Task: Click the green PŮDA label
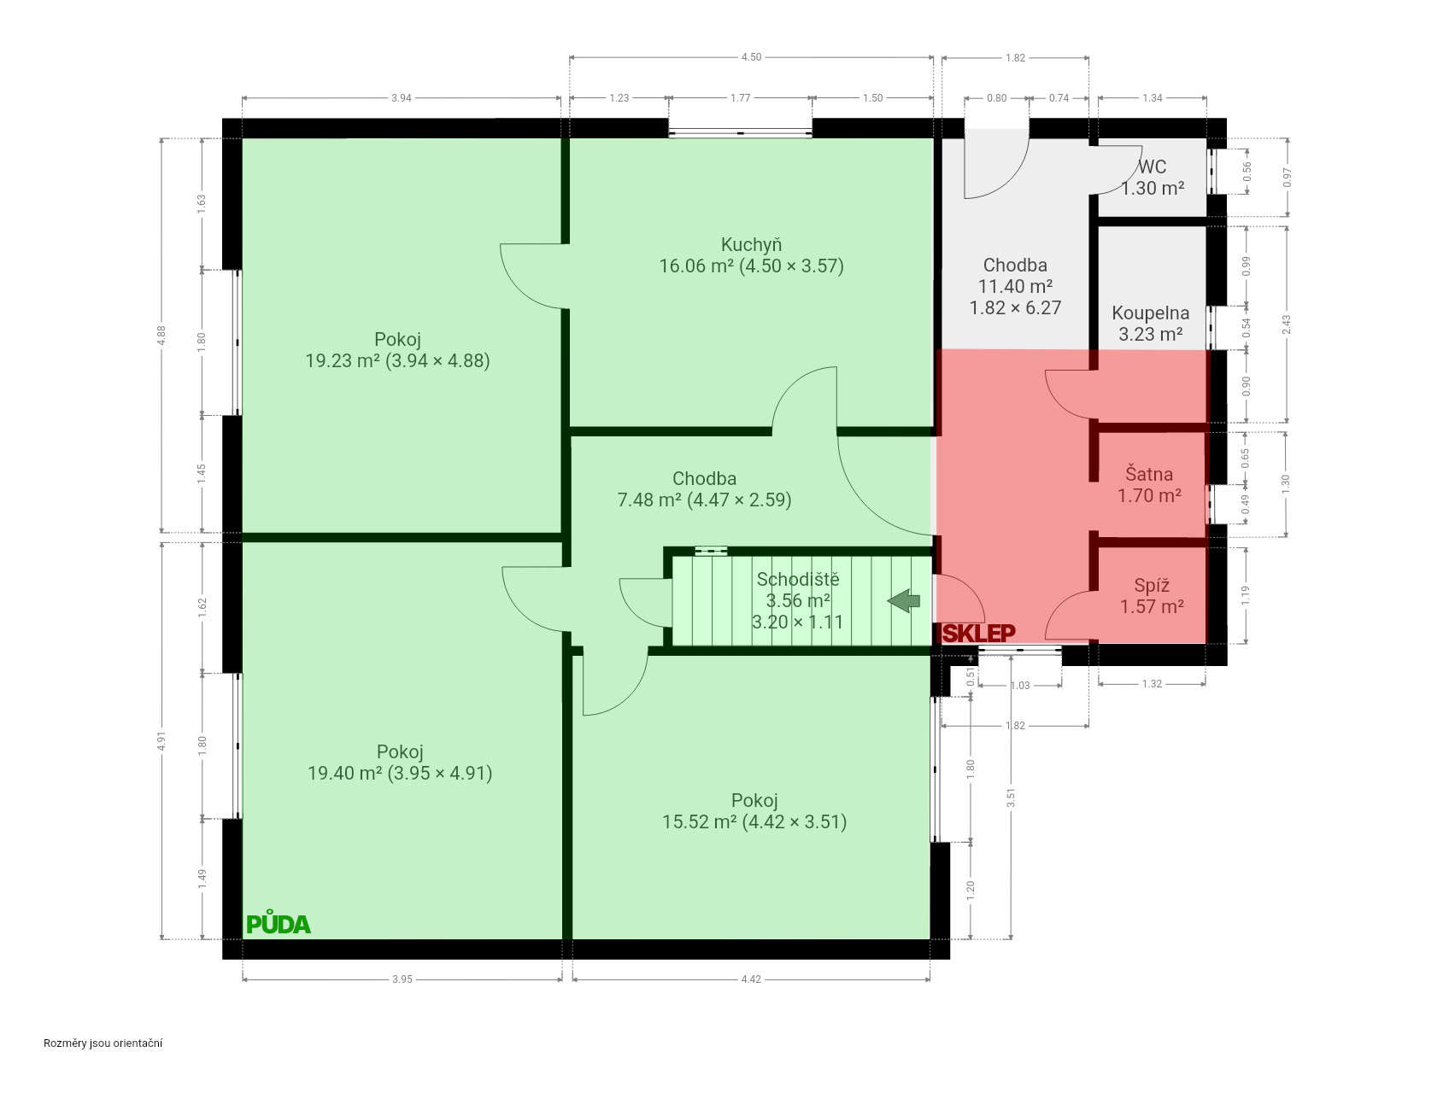(279, 923)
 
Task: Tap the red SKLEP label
(979, 633)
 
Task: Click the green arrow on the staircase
(904, 601)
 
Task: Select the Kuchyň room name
(751, 244)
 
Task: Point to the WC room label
(1152, 167)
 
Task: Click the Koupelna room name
(1150, 313)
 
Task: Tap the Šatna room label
(1149, 474)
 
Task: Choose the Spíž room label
(1152, 585)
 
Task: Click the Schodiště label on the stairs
(798, 579)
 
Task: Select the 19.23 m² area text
(343, 360)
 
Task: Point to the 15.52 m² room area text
(699, 821)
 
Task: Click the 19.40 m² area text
(344, 773)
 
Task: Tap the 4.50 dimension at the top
(751, 57)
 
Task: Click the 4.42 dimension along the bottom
(750, 979)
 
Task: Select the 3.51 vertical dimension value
(1012, 798)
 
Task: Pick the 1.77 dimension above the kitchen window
(740, 98)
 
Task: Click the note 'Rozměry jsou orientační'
(103, 1043)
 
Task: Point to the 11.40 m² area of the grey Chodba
(1015, 286)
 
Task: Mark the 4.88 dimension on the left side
(161, 336)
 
